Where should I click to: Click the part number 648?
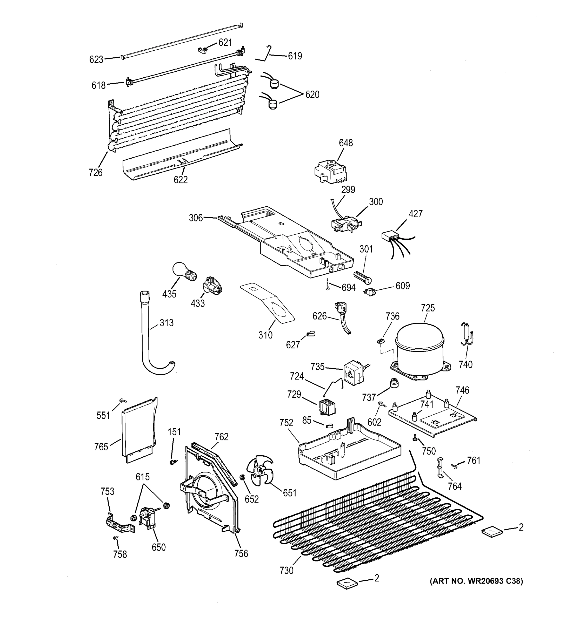[x=345, y=143]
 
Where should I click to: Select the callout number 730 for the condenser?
[x=286, y=570]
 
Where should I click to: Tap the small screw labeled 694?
[x=327, y=284]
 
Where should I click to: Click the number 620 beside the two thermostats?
[x=312, y=94]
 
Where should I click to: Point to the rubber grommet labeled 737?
[x=393, y=383]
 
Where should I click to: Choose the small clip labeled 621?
[x=203, y=50]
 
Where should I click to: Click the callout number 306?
[x=196, y=218]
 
